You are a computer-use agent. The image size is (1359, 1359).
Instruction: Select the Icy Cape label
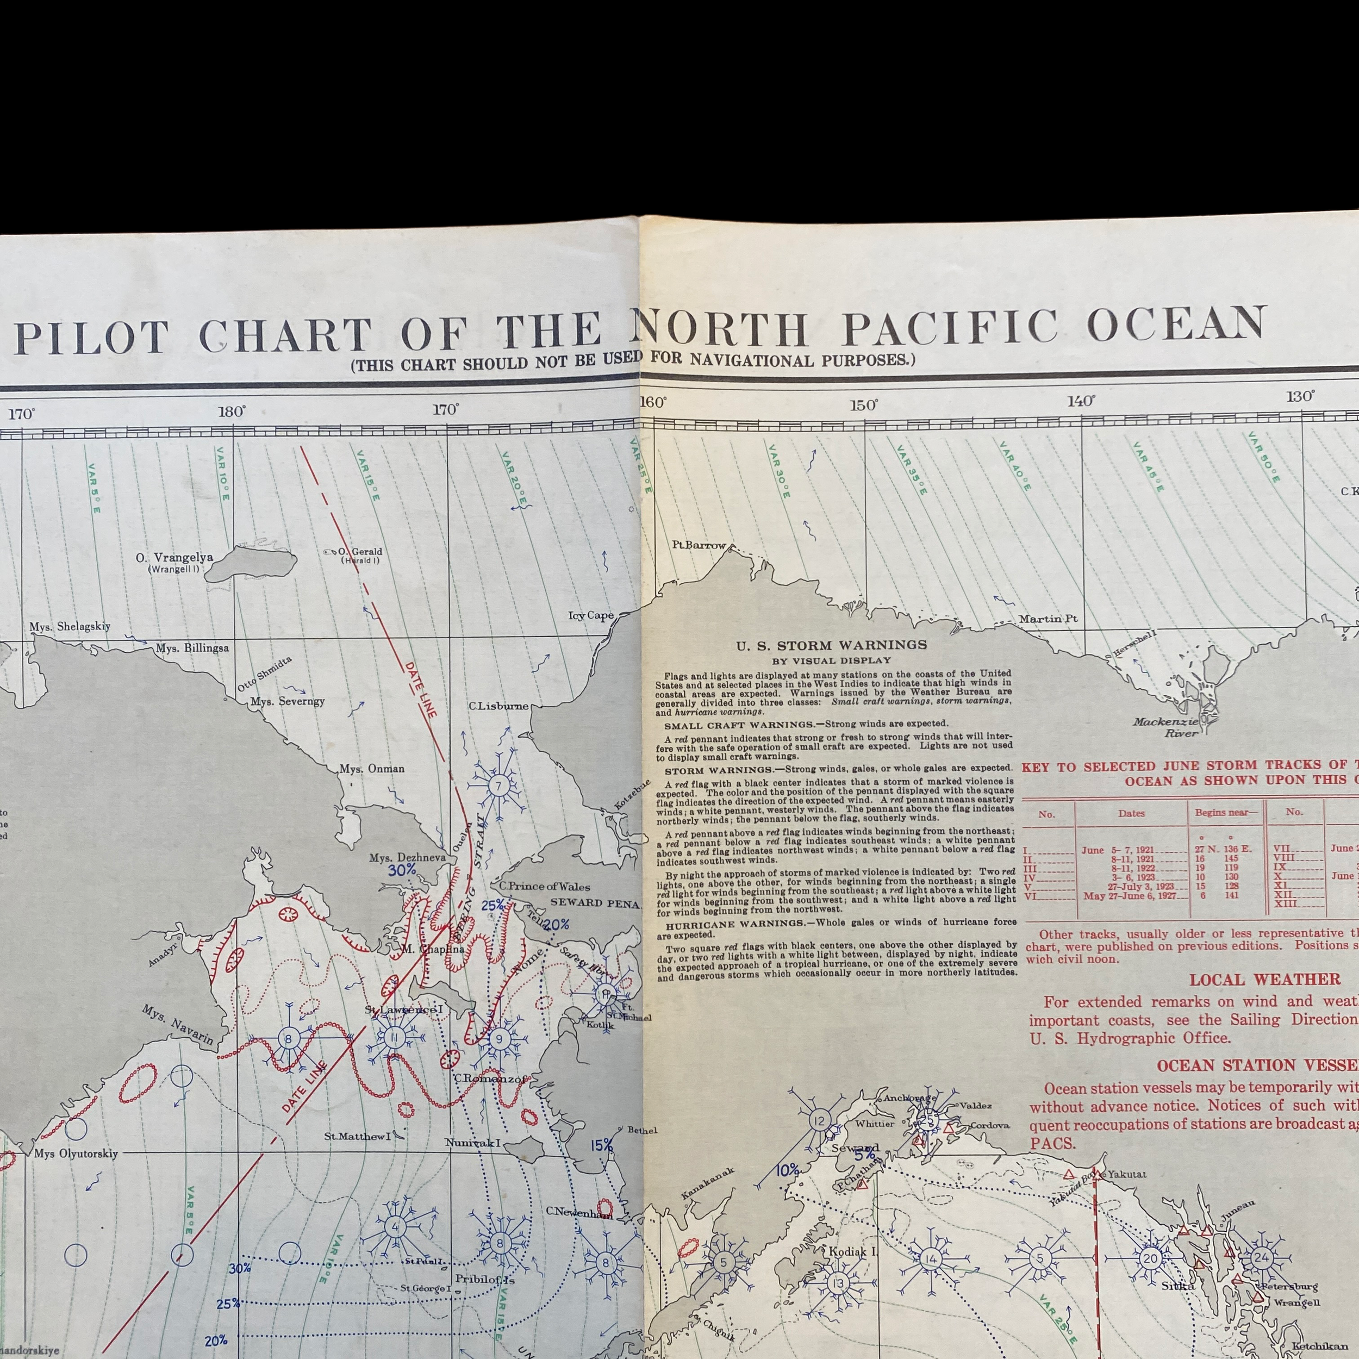[x=591, y=615]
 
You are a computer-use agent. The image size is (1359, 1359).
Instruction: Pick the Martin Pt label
[x=1048, y=619]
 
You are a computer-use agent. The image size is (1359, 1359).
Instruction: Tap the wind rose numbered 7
[x=498, y=786]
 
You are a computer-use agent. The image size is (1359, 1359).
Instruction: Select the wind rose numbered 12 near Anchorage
[x=819, y=1120]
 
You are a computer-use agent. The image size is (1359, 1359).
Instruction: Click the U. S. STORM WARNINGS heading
[x=832, y=645]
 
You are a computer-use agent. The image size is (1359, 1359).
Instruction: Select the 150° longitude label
[x=864, y=405]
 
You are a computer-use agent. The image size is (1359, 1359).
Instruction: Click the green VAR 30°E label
[x=778, y=472]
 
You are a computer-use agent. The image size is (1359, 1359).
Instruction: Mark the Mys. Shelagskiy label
[x=70, y=627]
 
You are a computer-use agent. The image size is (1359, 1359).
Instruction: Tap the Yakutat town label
[x=1127, y=1174]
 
